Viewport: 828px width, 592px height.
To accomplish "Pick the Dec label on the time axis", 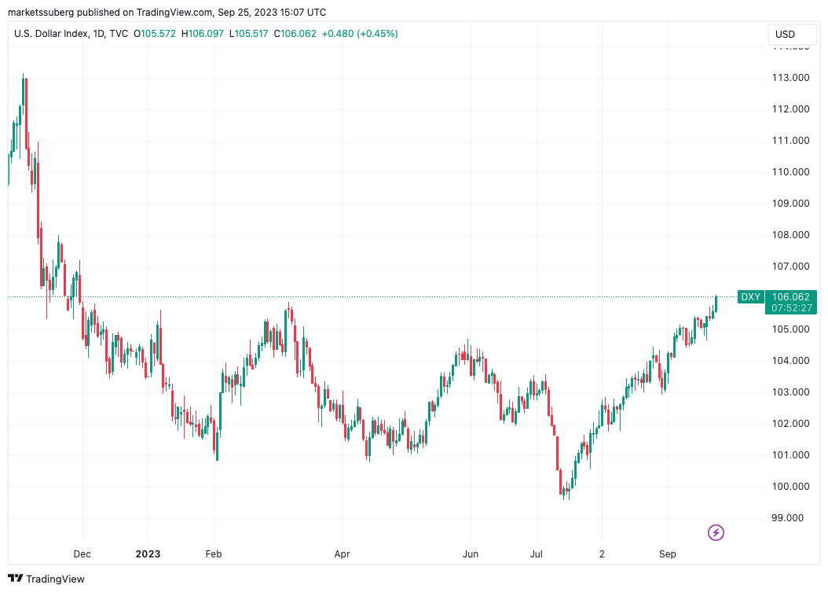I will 82,553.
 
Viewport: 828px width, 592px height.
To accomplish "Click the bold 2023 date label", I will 148,553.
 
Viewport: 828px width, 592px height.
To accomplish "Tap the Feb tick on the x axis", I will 214,553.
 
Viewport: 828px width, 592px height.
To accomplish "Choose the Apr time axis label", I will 342,553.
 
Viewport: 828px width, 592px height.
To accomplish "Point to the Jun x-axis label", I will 470,553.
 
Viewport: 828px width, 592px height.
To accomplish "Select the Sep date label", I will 667,553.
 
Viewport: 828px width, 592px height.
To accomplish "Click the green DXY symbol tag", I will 750,297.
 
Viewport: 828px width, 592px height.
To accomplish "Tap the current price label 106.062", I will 790,297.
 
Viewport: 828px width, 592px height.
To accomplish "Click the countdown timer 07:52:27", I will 790,308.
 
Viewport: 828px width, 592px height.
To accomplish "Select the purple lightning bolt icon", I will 716,532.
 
